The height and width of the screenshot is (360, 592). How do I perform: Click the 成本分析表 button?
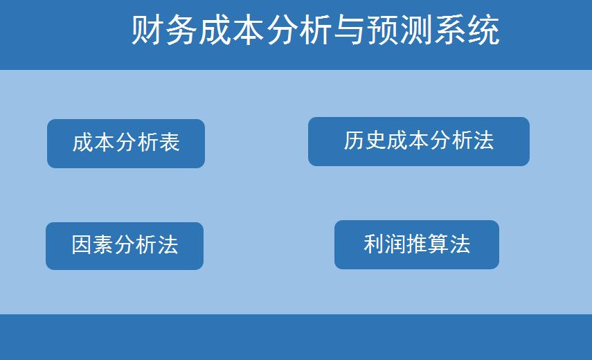[x=126, y=143]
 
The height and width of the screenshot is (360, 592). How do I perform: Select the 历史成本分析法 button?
[x=418, y=141]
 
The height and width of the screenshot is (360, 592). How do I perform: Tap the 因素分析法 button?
[x=125, y=246]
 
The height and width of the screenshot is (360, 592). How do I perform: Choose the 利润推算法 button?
[x=416, y=244]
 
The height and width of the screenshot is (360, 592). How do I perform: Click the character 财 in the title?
[x=147, y=31]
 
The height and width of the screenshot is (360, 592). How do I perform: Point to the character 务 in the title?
[x=181, y=31]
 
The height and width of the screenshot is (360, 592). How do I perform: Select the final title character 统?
[x=483, y=31]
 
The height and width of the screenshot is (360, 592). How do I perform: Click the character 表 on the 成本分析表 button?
[x=170, y=143]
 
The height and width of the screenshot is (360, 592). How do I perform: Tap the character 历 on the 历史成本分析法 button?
[x=354, y=141]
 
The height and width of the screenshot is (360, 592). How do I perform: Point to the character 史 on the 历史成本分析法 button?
[x=375, y=141]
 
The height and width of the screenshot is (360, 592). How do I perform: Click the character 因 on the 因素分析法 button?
[x=82, y=245]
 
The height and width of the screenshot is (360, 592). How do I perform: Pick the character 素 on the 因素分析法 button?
[x=103, y=245]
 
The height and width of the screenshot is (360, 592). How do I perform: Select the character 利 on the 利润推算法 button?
[x=374, y=244]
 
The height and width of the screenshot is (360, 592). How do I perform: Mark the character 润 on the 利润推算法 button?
[x=395, y=244]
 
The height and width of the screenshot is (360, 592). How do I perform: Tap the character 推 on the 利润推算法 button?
[x=417, y=244]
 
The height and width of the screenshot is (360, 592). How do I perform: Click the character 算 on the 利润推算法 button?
[x=438, y=244]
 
